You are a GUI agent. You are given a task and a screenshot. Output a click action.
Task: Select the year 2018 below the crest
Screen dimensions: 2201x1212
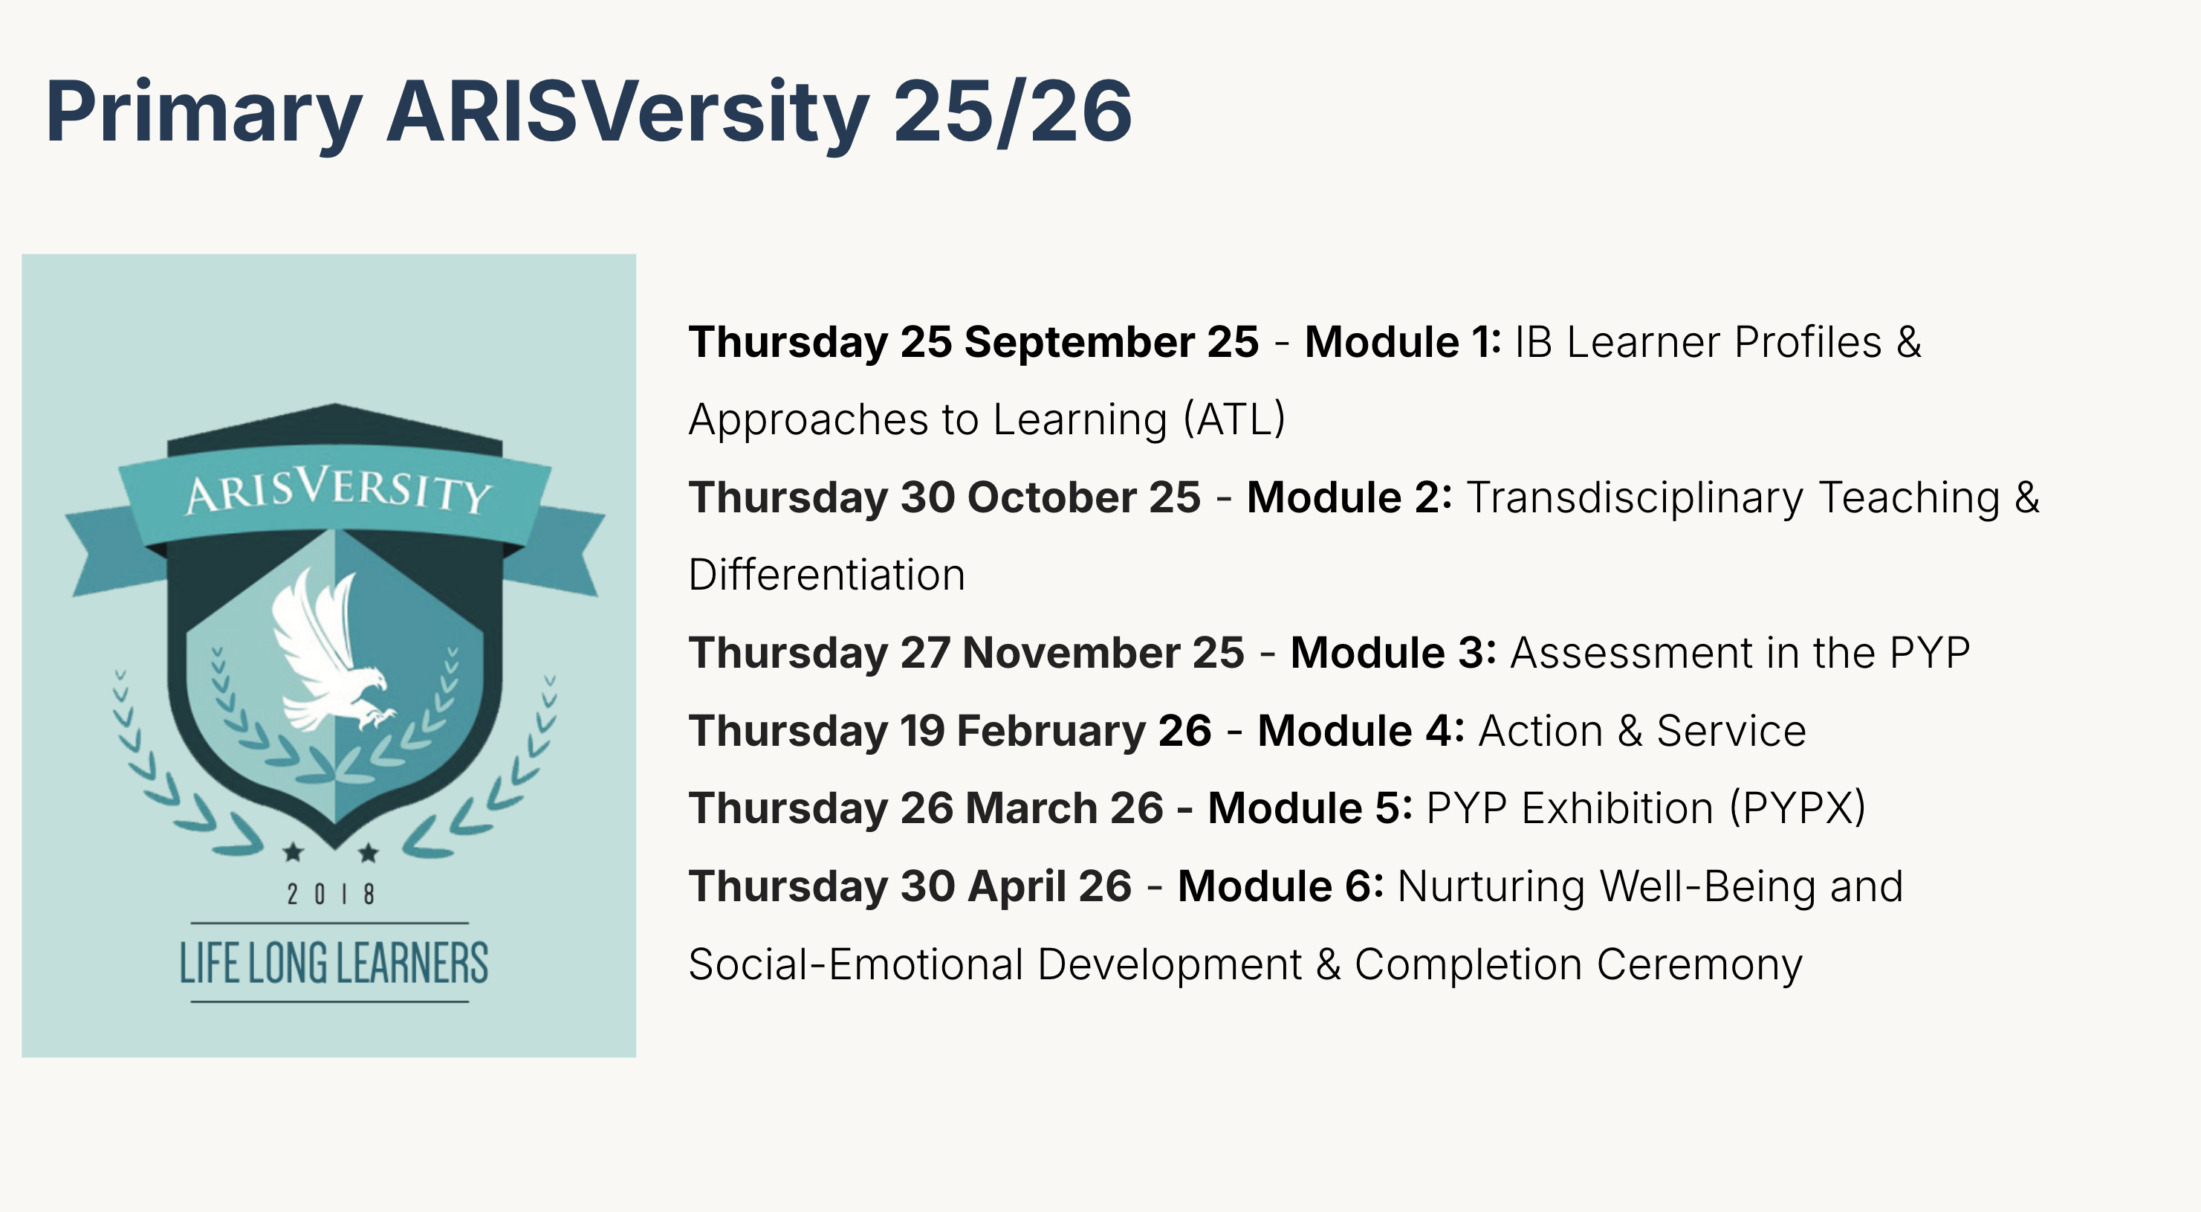331,894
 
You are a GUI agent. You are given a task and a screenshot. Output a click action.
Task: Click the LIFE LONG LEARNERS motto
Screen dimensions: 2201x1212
333,963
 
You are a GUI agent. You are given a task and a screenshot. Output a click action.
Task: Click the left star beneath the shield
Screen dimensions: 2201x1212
293,851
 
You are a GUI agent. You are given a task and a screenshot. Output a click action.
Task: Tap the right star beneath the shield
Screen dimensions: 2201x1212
369,851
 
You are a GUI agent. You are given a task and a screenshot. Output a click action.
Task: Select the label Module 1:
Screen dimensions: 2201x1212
1402,342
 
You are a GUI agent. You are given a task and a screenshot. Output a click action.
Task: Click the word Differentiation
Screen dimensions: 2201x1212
827,574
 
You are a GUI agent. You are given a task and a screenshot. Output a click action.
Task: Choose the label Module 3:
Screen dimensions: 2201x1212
1393,653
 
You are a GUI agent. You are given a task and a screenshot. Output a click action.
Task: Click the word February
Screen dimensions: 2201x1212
1051,732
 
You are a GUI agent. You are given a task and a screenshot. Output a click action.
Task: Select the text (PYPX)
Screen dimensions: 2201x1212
1798,808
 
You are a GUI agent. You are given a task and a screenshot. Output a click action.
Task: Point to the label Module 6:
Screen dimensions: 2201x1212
1280,886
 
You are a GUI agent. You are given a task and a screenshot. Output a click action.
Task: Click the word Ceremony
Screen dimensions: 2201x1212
1699,966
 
